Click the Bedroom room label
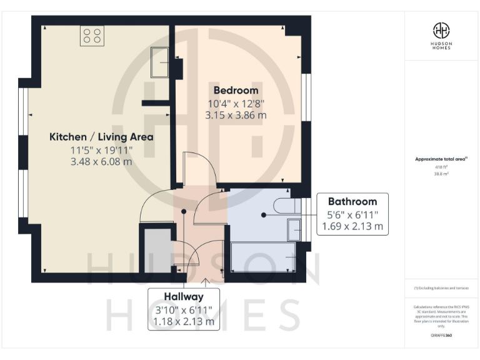click(x=236, y=90)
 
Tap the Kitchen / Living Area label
click(x=101, y=137)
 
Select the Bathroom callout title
click(x=352, y=201)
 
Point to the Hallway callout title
click(x=183, y=296)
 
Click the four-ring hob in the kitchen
click(x=92, y=36)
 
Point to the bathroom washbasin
click(x=294, y=229)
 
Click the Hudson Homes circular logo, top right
click(x=442, y=30)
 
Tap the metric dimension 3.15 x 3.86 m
click(x=236, y=115)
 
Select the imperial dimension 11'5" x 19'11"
click(x=101, y=149)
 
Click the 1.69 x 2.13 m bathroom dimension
click(x=352, y=226)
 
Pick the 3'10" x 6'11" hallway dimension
click(x=183, y=309)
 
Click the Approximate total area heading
click(x=441, y=159)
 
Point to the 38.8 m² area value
click(x=441, y=174)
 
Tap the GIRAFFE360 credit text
click(x=441, y=336)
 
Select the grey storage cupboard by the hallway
click(x=154, y=250)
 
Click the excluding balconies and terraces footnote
click(x=441, y=288)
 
